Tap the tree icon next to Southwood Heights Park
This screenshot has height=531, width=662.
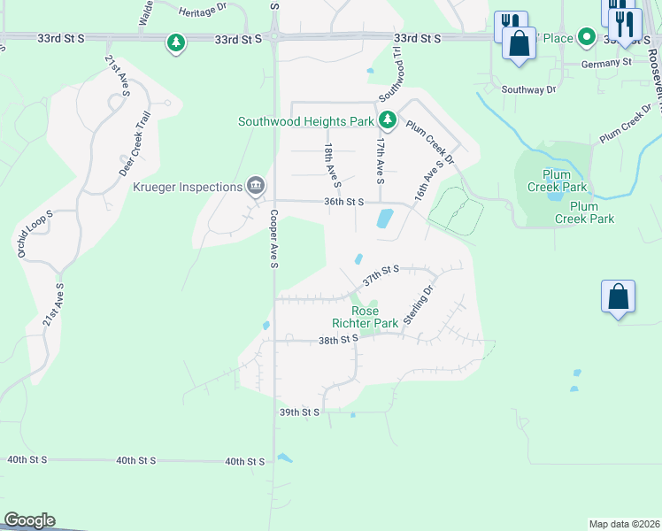coord(387,119)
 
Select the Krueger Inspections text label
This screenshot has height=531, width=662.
coord(188,187)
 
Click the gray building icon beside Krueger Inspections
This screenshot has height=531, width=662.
coord(255,185)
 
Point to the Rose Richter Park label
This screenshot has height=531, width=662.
coord(365,317)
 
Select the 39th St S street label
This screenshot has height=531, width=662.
coord(298,412)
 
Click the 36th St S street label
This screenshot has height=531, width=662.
coord(344,202)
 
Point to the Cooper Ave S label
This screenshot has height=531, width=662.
coord(274,239)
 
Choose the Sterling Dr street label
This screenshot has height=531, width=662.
coord(420,305)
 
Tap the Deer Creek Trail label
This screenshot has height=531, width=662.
coord(136,144)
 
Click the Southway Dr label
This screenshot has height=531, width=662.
coord(528,89)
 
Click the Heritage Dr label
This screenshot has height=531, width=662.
coord(204,12)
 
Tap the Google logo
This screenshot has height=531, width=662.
coord(29,520)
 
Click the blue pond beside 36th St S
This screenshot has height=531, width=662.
coord(385,218)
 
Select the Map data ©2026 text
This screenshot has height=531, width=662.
coord(625,524)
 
